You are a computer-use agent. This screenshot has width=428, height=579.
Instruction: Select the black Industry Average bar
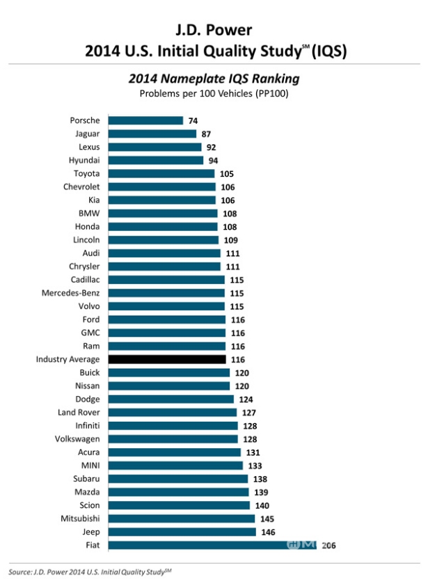(166, 359)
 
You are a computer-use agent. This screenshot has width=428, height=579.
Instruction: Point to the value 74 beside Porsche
(193, 120)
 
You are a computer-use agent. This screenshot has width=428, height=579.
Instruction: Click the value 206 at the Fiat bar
(329, 545)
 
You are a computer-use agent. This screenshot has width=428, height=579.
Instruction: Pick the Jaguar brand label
(87, 134)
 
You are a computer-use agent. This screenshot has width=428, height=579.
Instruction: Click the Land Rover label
(78, 412)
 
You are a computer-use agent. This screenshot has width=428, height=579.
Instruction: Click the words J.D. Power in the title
(214, 30)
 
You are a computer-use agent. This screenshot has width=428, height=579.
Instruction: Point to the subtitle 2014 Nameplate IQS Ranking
(214, 79)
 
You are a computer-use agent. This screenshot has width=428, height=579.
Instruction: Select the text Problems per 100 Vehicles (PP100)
(214, 93)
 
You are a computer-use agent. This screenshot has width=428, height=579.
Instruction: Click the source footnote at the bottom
(90, 571)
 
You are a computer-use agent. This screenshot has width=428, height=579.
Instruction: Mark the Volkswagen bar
(173, 439)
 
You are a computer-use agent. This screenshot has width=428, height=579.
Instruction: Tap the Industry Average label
(68, 359)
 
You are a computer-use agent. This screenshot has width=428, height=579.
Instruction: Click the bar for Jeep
(182, 532)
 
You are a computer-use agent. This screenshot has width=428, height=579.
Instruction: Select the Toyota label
(86, 173)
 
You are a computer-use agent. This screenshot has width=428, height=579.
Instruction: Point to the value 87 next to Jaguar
(205, 134)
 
